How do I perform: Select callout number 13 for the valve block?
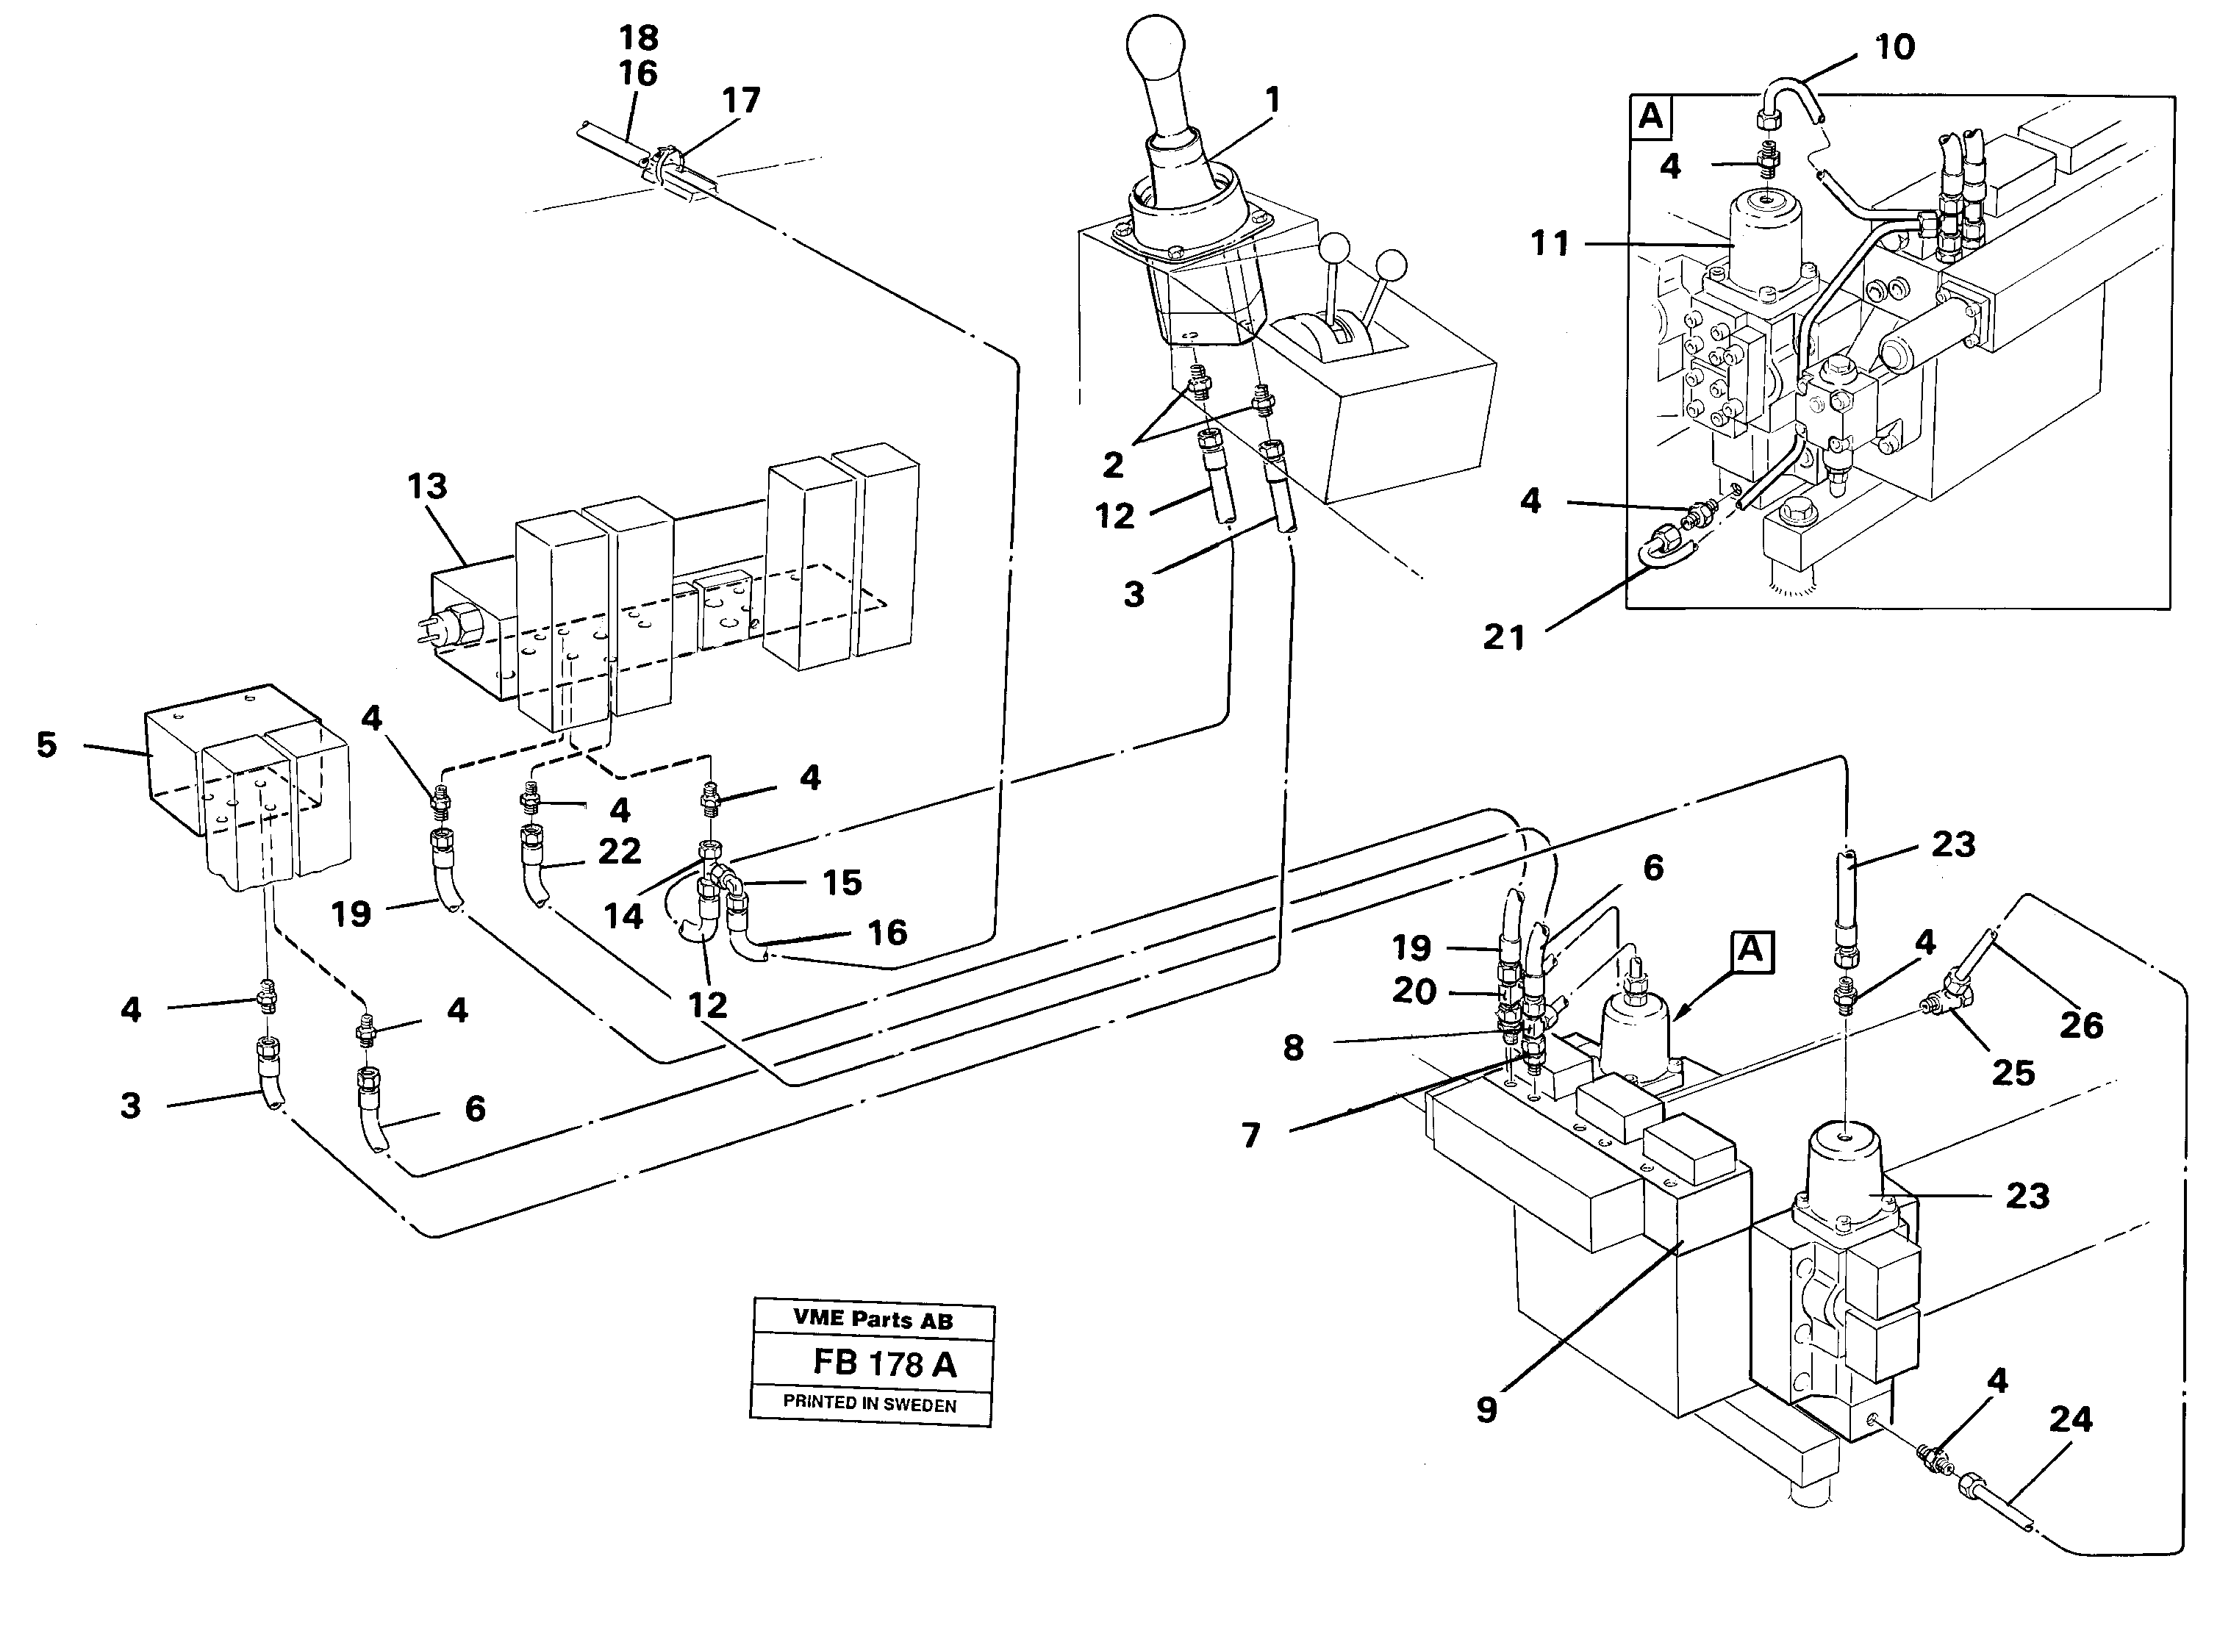tap(427, 487)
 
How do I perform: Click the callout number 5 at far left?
tap(47, 745)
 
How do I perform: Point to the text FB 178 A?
tap(884, 1363)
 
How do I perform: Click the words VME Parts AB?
tap(873, 1320)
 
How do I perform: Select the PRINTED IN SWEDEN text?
tap(870, 1403)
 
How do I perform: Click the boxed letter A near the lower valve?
tap(1750, 951)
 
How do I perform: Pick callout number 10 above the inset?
tap(1894, 47)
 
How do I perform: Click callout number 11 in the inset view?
tap(1550, 243)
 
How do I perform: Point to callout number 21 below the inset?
tap(1503, 637)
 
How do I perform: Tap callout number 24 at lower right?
tap(2070, 1419)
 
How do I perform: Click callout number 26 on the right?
tap(2080, 1025)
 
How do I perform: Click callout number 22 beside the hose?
tap(619, 851)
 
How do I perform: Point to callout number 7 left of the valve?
tap(1251, 1134)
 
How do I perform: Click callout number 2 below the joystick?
tap(1113, 465)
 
